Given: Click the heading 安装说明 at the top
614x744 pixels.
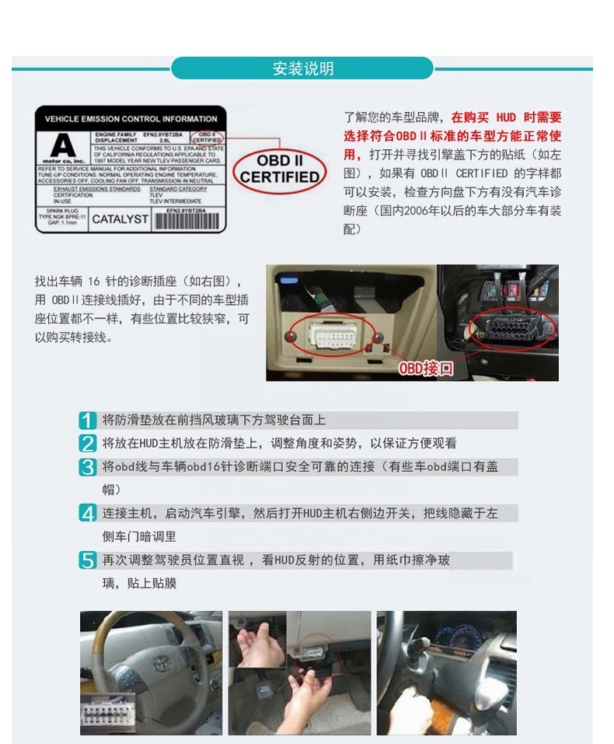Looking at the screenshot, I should tap(302, 68).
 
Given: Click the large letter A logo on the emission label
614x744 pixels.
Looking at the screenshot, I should tap(63, 145).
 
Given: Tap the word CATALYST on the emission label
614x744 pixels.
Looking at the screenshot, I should tap(120, 219).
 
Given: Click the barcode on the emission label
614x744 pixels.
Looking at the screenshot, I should tap(187, 219).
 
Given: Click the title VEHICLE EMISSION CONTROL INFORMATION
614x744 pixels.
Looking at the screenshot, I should tap(131, 119).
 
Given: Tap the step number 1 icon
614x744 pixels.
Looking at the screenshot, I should tap(88, 421).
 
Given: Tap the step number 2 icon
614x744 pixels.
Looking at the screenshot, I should tap(88, 444).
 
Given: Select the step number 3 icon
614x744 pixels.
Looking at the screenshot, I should tap(88, 467).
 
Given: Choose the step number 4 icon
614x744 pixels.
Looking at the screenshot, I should tap(88, 514).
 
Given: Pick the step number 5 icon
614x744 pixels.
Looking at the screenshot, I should tap(88, 561).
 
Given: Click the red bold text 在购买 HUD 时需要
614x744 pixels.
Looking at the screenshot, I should tap(506, 118).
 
